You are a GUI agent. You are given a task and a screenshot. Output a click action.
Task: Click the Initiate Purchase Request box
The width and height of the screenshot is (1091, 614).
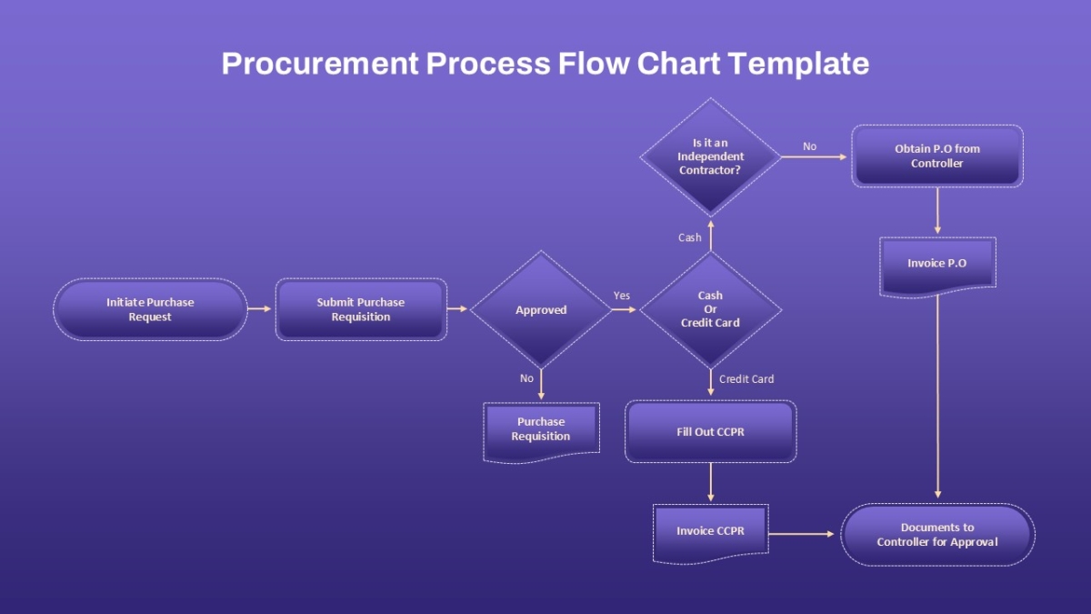pos(150,309)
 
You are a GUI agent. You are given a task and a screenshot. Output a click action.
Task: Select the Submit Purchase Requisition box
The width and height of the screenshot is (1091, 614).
pos(361,309)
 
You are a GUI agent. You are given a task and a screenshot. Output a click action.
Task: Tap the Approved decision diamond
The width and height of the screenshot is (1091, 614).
pos(541,309)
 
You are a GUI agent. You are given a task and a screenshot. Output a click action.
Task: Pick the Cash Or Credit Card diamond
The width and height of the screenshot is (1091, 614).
pos(710,309)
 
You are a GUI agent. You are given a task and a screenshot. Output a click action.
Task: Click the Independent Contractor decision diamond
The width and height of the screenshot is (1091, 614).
pos(710,156)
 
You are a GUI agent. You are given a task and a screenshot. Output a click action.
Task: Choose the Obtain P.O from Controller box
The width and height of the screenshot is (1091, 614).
pos(937,156)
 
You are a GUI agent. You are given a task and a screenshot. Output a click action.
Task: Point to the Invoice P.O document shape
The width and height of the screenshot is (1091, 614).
pos(937,267)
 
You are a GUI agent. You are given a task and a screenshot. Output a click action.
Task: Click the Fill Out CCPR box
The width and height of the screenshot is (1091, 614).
pos(710,431)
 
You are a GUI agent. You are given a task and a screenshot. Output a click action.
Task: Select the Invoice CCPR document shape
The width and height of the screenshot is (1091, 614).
pos(710,534)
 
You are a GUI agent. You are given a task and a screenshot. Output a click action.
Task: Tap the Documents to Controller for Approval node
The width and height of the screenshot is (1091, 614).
pos(937,535)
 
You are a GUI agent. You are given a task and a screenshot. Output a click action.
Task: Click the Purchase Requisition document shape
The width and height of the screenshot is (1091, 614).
pos(541,432)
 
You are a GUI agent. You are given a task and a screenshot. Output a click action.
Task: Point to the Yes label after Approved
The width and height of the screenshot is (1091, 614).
pos(622,296)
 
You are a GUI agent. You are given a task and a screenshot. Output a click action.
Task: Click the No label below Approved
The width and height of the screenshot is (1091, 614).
pos(526,378)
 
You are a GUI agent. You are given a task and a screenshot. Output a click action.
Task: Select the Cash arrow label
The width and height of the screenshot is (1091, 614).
pos(690,237)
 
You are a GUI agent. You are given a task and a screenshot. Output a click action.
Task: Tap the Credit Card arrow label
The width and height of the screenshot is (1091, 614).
pos(746,379)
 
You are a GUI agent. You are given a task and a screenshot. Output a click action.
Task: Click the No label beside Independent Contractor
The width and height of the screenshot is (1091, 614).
pos(809,146)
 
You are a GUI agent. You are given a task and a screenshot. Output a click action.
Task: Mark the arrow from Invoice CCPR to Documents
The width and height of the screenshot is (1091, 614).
pos(802,534)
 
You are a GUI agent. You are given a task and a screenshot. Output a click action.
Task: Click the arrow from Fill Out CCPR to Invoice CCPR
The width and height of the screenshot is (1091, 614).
pos(711,482)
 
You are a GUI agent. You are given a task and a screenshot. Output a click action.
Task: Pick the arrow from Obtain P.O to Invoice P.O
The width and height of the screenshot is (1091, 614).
pos(937,210)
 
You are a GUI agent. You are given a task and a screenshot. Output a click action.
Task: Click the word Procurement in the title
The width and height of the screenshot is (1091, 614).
pos(320,64)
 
